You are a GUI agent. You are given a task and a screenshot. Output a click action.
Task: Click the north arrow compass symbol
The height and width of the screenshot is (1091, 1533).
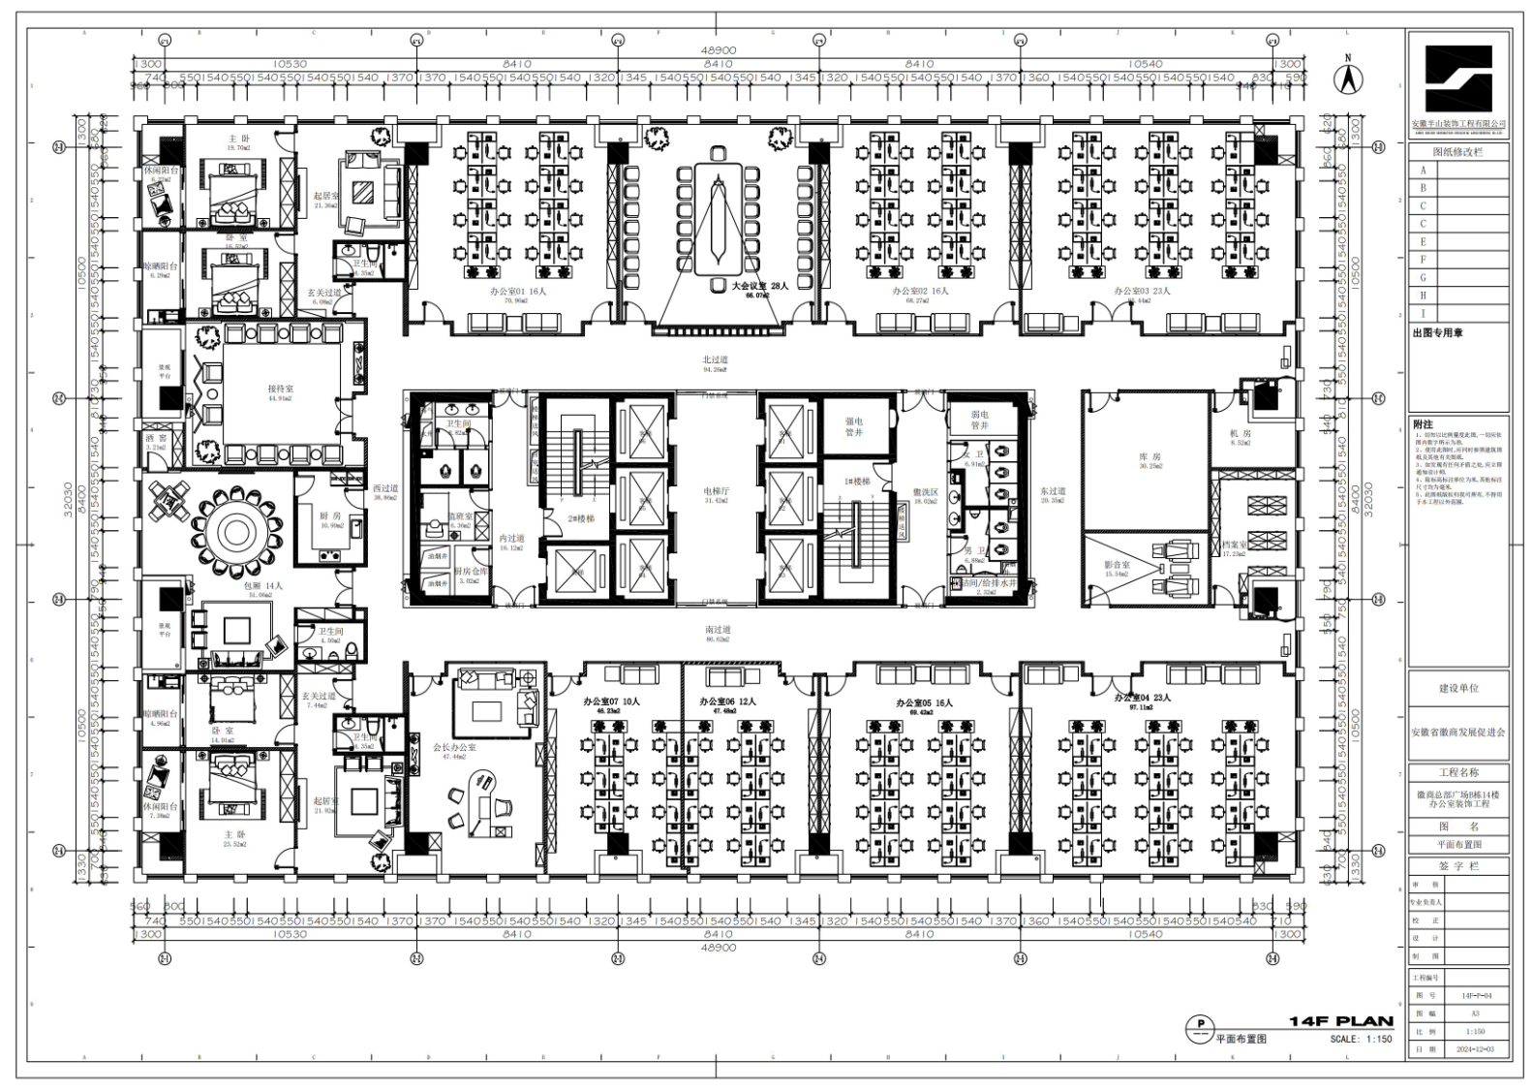1346,78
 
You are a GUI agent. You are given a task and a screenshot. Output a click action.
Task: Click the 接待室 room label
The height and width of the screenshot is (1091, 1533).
281,389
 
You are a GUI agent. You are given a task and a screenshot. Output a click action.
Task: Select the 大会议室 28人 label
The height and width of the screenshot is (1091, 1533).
759,286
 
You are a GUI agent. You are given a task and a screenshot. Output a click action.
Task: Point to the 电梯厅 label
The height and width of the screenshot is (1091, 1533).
717,491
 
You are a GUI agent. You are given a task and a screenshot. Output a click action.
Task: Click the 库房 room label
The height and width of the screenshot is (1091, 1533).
1150,456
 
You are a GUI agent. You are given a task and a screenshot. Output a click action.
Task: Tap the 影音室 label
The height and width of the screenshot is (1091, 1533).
1117,565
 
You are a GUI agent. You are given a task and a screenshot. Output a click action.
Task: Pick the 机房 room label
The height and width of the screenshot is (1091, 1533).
1241,433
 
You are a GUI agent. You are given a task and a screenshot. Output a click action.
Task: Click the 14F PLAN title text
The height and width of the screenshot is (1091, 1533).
1340,1021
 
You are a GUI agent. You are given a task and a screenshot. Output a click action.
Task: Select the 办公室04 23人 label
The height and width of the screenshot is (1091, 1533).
1142,698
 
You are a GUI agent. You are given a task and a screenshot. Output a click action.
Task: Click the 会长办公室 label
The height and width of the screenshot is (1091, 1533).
454,748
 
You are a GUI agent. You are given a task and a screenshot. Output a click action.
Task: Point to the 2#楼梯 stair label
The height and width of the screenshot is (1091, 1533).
581,518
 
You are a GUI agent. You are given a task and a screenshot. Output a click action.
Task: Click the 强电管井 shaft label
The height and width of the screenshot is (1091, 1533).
853,426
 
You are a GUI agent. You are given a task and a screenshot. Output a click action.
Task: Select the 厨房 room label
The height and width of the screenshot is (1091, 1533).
330,516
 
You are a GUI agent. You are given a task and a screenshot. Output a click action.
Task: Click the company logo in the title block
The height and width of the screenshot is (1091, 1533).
1457,79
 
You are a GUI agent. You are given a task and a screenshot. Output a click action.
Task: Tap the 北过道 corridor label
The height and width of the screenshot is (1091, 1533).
715,359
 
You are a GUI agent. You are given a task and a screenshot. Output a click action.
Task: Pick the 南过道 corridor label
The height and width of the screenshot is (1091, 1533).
718,630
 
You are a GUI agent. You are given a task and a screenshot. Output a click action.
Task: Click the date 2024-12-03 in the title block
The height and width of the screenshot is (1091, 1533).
1475,1049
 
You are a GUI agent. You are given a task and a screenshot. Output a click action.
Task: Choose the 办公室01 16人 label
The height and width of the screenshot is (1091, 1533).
518,291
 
